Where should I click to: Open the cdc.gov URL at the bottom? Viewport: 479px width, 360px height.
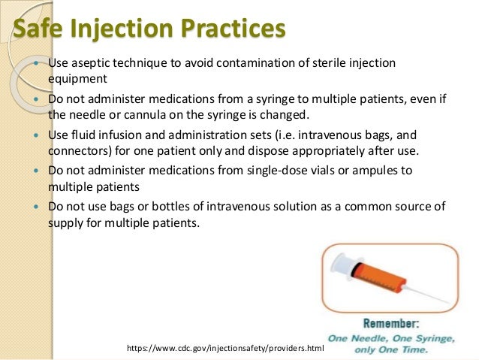(x=225, y=349)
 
